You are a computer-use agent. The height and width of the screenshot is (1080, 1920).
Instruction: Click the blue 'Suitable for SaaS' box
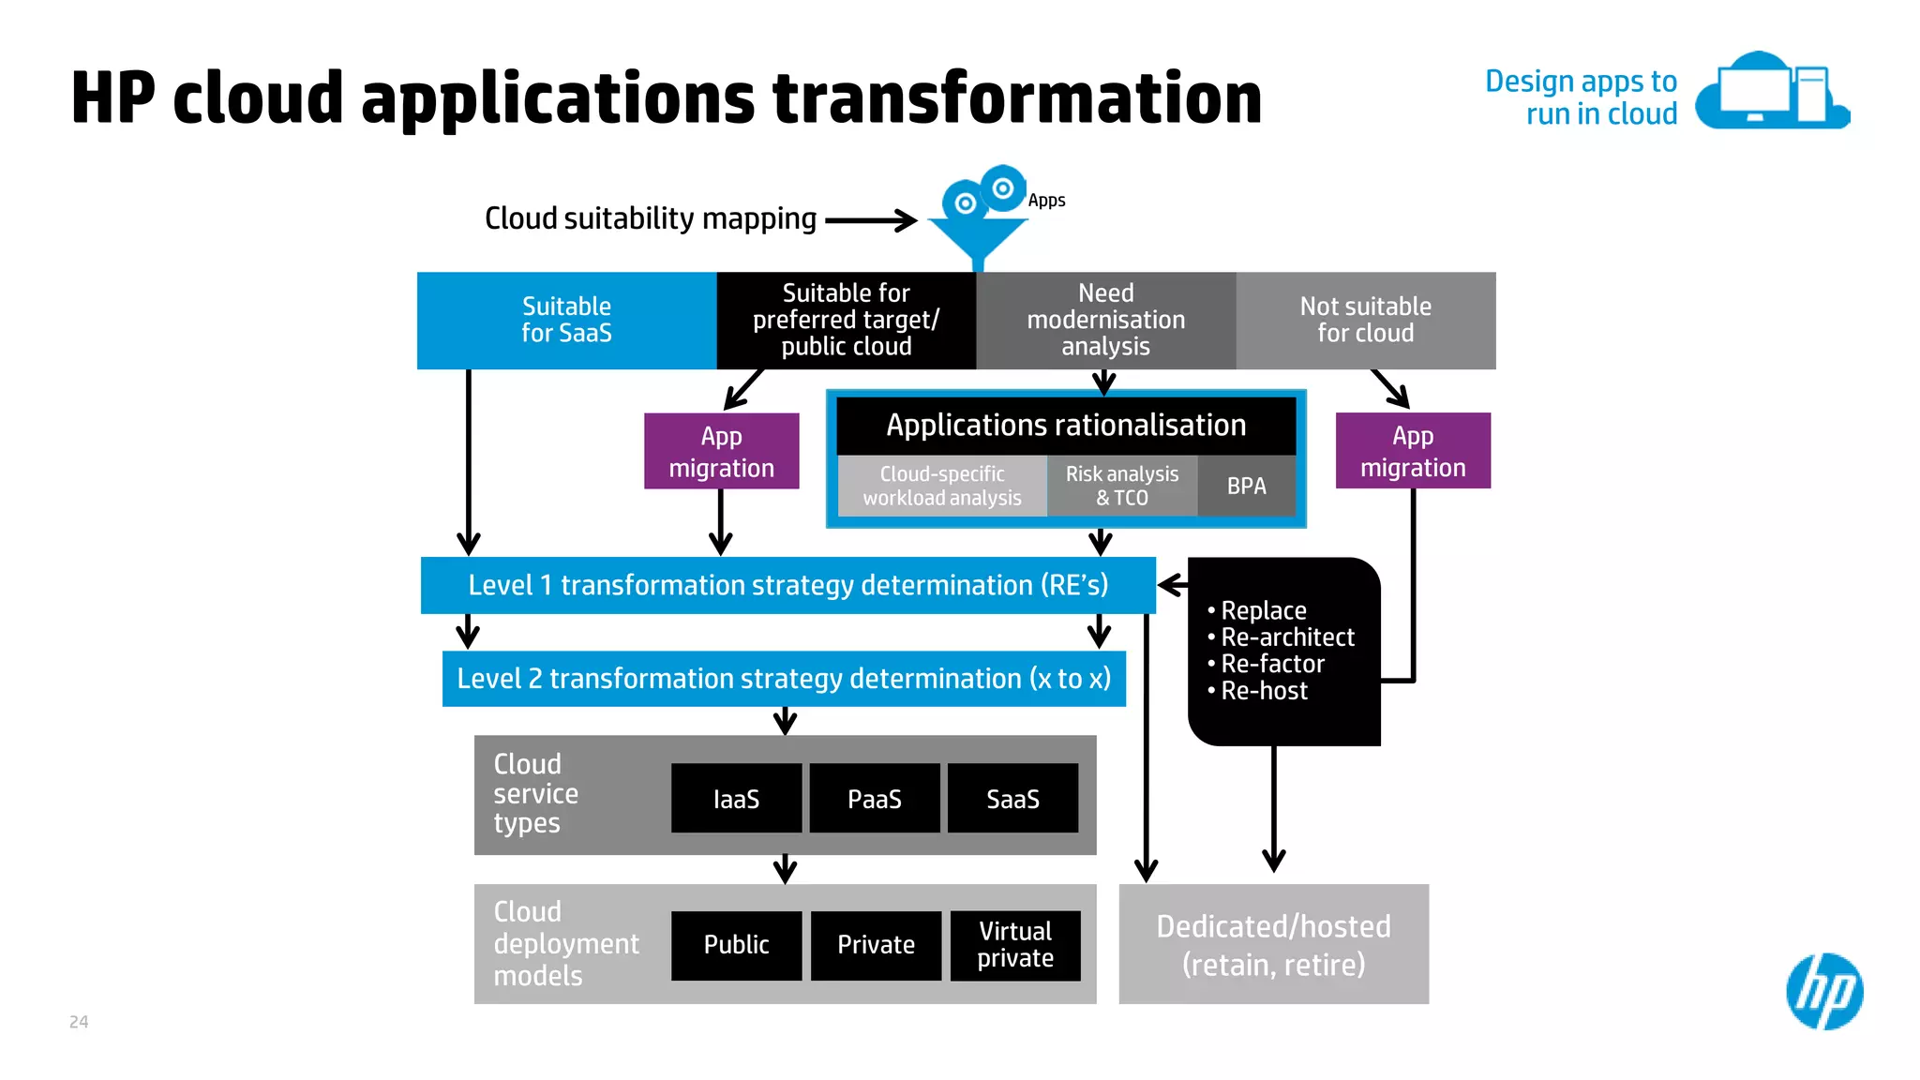pos(566,320)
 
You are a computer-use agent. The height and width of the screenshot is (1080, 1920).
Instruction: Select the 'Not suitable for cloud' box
pos(1365,320)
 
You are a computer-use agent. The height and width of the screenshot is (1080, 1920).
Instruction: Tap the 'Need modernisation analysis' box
pos(1105,320)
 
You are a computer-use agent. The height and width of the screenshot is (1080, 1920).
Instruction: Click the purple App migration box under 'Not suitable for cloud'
pos(1412,451)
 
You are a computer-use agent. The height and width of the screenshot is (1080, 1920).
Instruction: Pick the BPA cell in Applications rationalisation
pos(1246,486)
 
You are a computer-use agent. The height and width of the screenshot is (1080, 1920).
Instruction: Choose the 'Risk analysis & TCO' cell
pos(1121,486)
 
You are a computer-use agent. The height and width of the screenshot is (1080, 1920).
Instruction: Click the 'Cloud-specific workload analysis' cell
pos(941,486)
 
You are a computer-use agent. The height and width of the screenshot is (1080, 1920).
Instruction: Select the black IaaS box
pos(736,799)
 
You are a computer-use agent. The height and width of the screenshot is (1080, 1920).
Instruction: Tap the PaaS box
pos(874,799)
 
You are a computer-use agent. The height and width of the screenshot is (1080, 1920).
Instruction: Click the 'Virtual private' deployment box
pos(1014,945)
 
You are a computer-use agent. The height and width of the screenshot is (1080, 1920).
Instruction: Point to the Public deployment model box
pos(736,945)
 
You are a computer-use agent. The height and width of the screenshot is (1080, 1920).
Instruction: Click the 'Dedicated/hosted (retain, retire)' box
pos(1273,944)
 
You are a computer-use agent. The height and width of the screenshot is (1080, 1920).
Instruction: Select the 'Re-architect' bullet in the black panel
pos(1287,637)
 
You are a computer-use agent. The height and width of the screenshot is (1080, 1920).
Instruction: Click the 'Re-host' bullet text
pos(1264,691)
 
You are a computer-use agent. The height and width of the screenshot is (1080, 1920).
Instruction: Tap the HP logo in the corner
pos(1823,991)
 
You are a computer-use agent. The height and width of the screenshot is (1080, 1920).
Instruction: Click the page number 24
pos(79,1022)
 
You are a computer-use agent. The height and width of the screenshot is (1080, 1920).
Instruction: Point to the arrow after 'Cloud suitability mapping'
pos(871,220)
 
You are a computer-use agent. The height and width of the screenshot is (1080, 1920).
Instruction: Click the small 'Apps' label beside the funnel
pos(1046,201)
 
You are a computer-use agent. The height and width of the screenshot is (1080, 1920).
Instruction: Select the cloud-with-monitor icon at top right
pos(1771,92)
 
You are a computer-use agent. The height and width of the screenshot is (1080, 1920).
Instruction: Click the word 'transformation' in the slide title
pos(1016,97)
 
